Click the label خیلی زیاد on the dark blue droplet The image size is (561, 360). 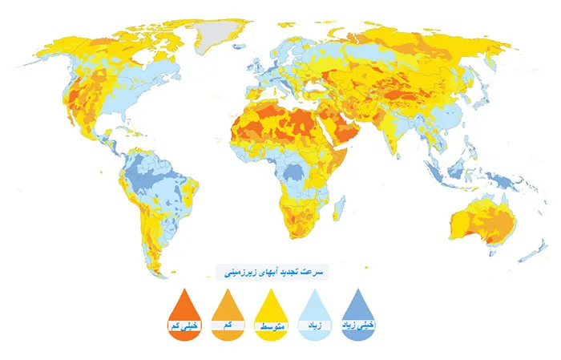[359, 326]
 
